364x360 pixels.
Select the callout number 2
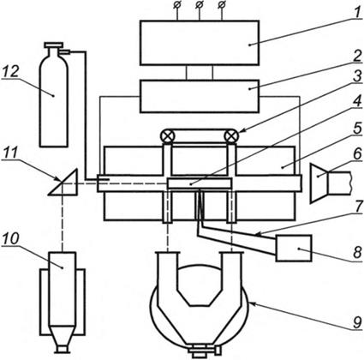[x=356, y=57]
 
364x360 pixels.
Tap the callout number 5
[x=357, y=129]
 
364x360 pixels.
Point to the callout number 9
[x=357, y=322]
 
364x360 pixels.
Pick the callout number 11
[x=10, y=153]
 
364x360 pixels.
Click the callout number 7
[x=357, y=207]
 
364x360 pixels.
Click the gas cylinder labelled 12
[x=54, y=94]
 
